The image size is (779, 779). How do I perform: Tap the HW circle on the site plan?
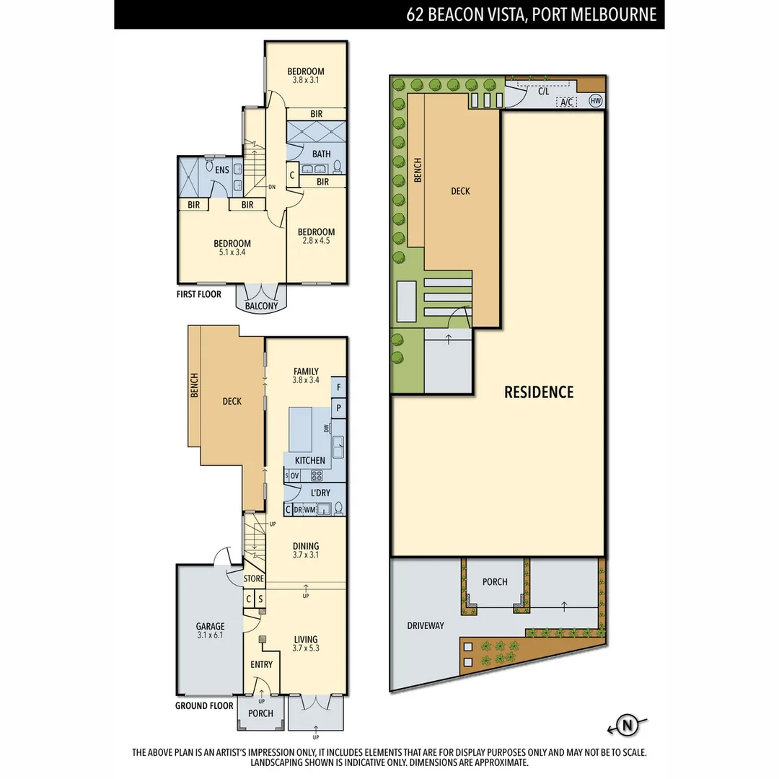[596, 101]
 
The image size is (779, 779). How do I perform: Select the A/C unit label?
[567, 102]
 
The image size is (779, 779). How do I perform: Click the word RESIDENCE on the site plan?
[539, 392]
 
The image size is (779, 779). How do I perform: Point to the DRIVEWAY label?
[425, 625]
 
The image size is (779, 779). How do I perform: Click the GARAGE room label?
[210, 626]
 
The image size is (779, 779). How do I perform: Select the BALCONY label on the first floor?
[261, 306]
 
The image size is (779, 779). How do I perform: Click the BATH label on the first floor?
[322, 154]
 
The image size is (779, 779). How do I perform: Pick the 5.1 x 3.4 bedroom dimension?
[232, 253]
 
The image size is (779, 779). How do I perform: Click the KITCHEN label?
[309, 460]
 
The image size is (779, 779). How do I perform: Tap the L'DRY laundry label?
[320, 493]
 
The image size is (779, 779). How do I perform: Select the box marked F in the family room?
[338, 387]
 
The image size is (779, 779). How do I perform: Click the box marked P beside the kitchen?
[338, 408]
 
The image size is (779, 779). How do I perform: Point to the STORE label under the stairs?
[253, 578]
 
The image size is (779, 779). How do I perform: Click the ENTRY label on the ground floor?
[261, 664]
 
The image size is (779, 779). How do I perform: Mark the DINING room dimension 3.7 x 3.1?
[305, 555]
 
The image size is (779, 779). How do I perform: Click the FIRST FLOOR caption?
[199, 294]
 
